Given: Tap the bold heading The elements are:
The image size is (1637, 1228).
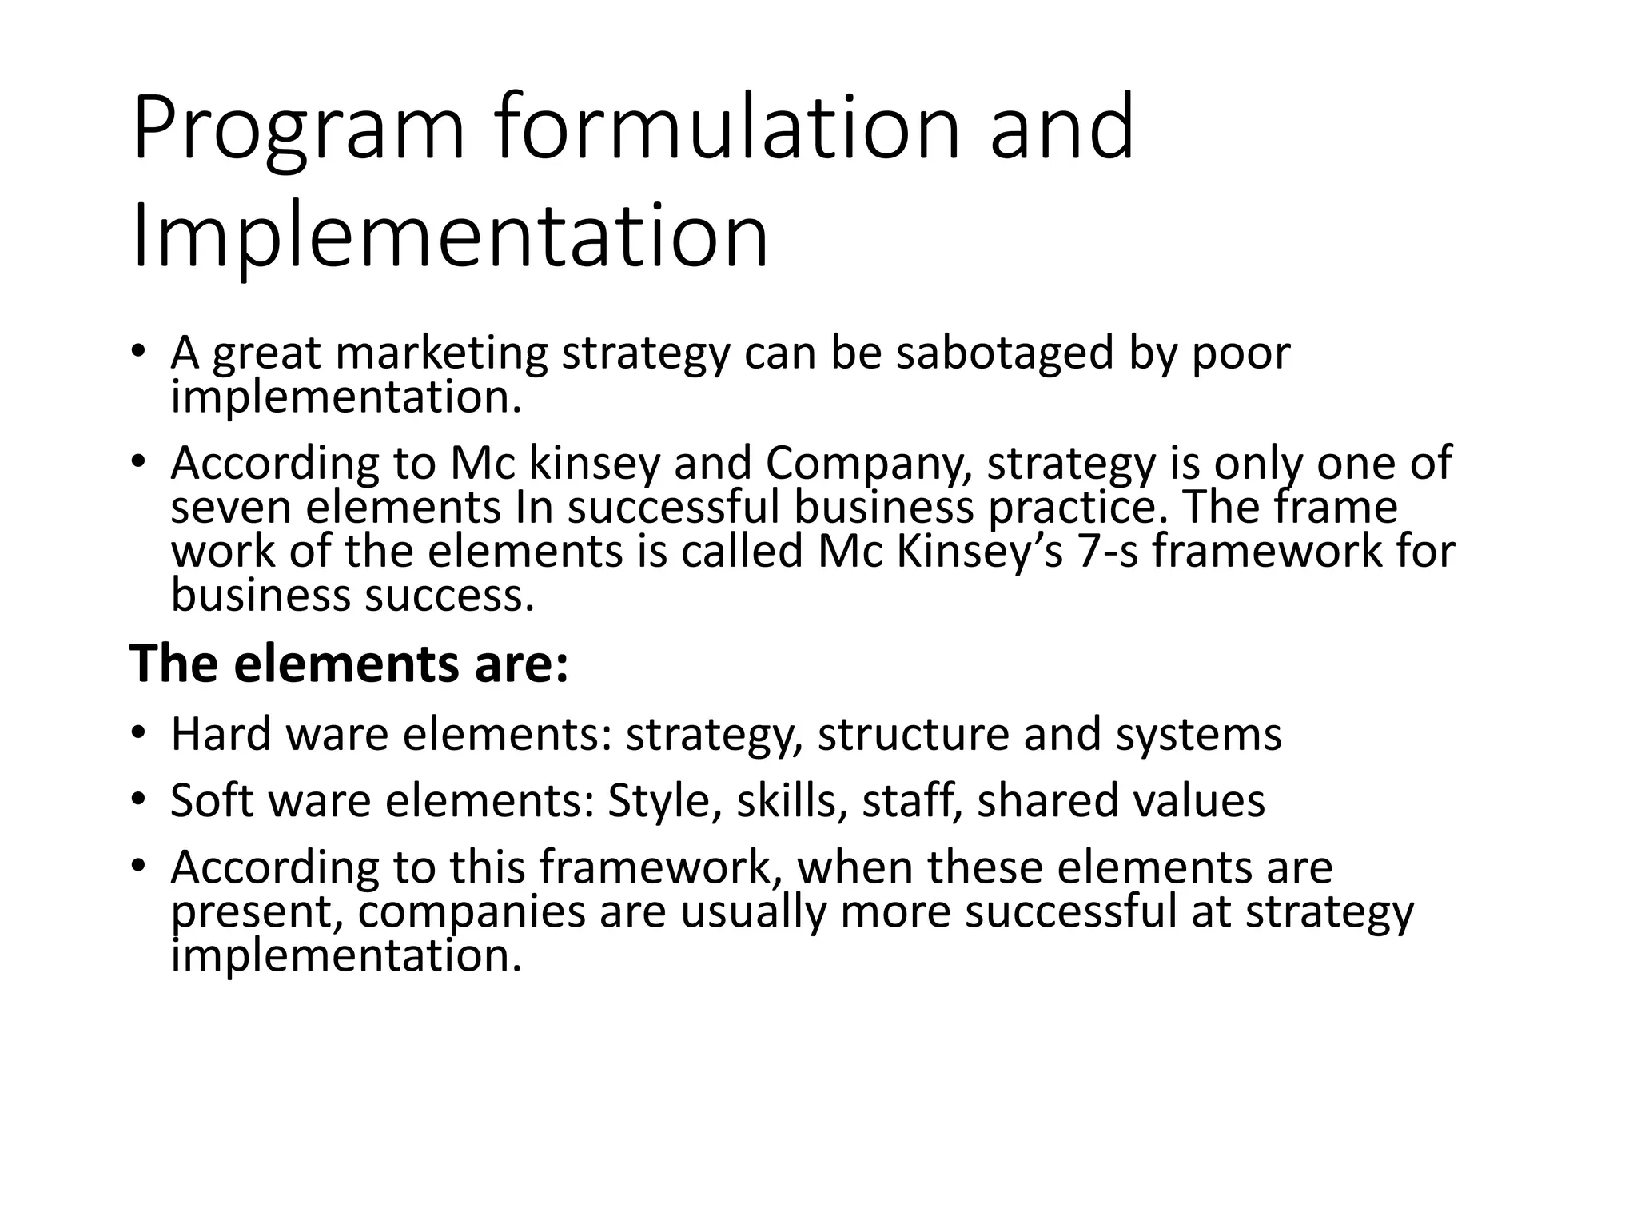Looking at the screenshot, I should pyautogui.click(x=349, y=664).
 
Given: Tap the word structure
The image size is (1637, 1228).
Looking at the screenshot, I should pyautogui.click(x=913, y=734).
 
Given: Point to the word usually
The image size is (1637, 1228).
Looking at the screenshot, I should pyautogui.click(x=753, y=912).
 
